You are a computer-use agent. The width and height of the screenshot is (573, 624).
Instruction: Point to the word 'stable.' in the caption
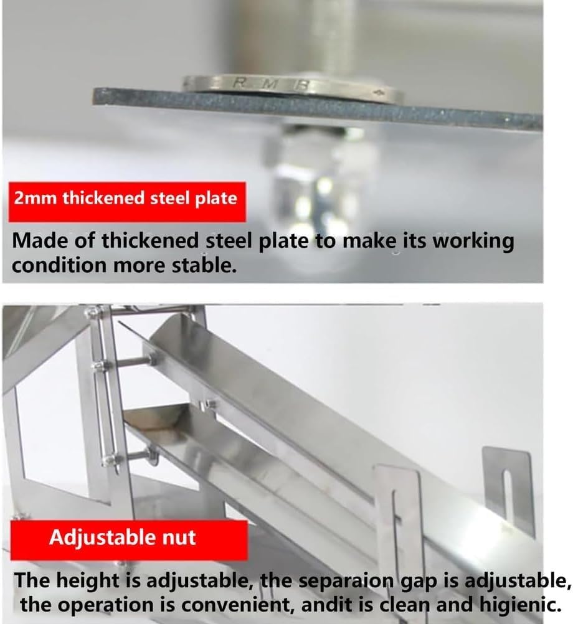pos(205,265)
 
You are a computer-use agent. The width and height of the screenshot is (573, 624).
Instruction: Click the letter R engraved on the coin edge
pos(239,82)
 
